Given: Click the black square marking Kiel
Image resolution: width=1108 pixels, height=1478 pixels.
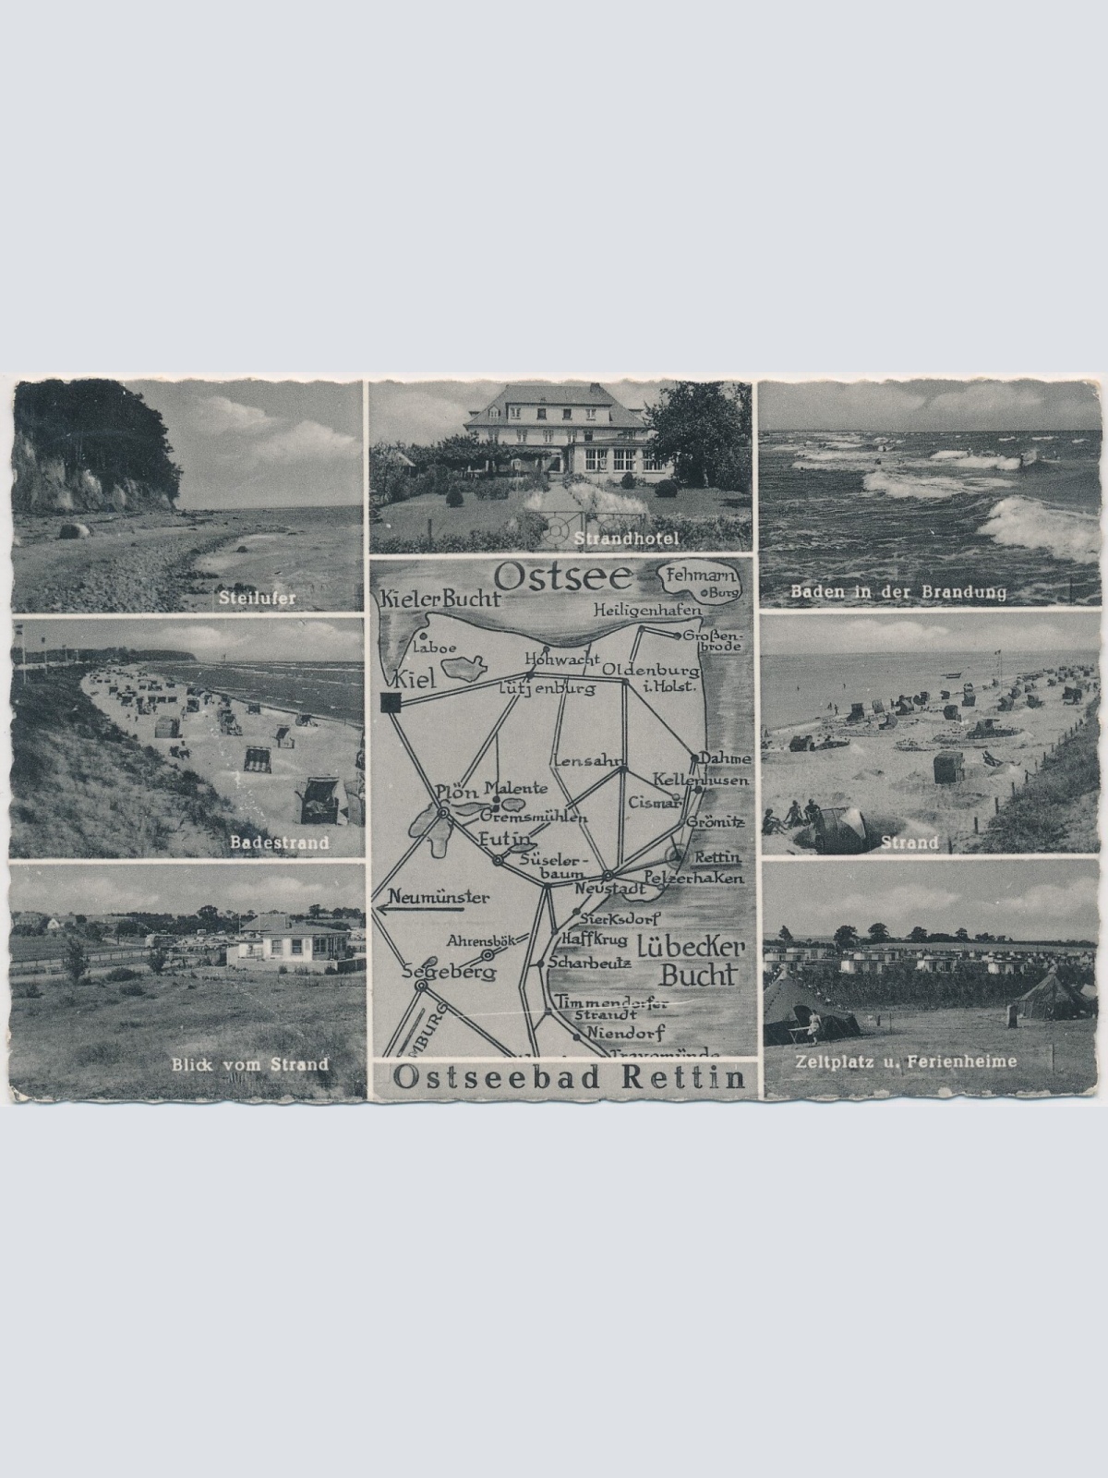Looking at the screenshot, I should pyautogui.click(x=390, y=703).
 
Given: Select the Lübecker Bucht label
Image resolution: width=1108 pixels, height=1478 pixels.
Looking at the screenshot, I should pyautogui.click(x=687, y=959).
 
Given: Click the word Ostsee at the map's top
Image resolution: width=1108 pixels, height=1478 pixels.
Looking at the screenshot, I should pyautogui.click(x=562, y=578).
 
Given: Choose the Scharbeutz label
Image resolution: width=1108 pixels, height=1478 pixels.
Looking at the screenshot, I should pyautogui.click(x=589, y=962).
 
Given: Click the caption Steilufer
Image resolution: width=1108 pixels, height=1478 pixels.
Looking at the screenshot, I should pyautogui.click(x=258, y=598).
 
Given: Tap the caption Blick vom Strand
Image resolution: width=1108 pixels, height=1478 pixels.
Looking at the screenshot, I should pyautogui.click(x=249, y=1064).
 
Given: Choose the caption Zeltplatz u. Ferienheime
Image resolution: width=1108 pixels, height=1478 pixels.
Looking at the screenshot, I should pyautogui.click(x=905, y=1061).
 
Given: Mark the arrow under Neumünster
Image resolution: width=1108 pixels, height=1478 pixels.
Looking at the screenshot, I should pyautogui.click(x=420, y=909).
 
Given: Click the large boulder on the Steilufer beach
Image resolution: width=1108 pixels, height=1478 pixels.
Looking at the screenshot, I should pyautogui.click(x=75, y=530).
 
